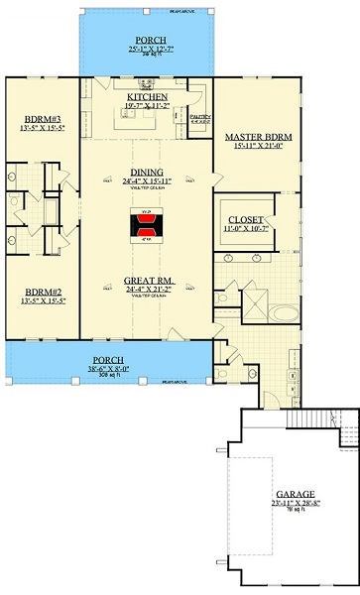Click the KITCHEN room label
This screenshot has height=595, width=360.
(x=147, y=94)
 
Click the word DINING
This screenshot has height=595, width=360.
(x=147, y=171)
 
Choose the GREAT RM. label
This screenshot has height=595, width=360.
(x=147, y=281)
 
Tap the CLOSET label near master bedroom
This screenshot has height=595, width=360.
(x=245, y=219)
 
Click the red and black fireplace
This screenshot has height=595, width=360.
(x=147, y=226)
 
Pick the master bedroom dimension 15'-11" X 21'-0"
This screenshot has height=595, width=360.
(x=256, y=146)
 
